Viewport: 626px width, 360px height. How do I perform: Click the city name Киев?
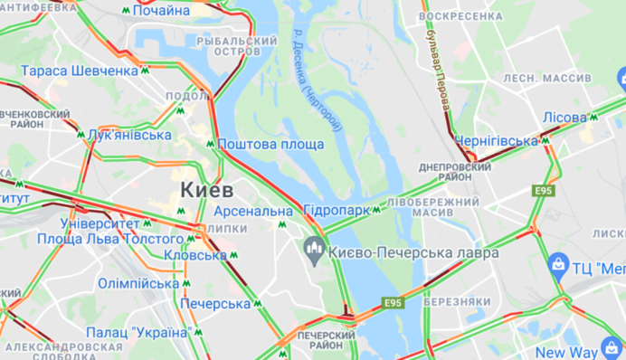(206, 190)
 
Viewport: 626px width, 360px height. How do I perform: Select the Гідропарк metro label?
(337, 210)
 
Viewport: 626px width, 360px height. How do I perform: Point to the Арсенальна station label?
(254, 211)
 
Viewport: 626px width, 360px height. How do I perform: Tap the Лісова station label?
(564, 117)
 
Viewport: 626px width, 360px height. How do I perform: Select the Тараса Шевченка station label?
(80, 71)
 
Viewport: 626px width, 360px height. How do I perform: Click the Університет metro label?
(100, 223)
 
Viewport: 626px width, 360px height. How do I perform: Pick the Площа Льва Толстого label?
(110, 239)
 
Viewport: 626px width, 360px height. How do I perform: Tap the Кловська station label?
(195, 255)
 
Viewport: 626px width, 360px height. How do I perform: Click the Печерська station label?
(214, 304)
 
